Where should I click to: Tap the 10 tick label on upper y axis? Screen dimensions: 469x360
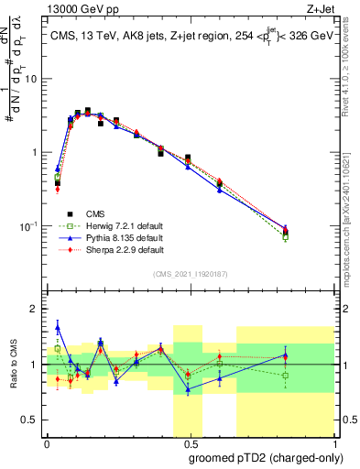click(x=29, y=79)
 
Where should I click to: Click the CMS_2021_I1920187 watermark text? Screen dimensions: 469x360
click(x=190, y=273)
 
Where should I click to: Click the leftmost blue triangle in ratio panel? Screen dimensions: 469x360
click(x=58, y=327)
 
